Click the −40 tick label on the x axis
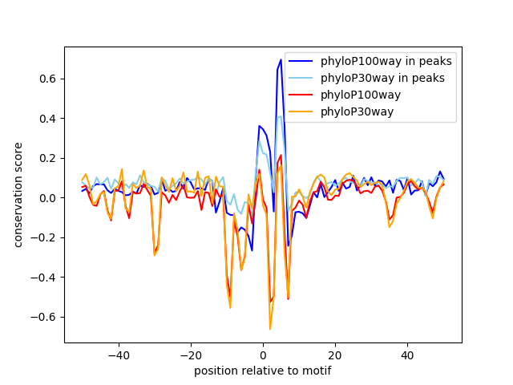[x=119, y=355]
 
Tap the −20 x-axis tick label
[x=191, y=355]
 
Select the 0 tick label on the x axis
[x=263, y=355]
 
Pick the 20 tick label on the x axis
[x=335, y=355]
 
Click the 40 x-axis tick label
[x=407, y=355]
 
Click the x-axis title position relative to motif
[x=263, y=371]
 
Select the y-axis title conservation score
[x=18, y=195]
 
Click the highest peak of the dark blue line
[x=281, y=59]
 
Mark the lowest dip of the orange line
[x=270, y=329]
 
